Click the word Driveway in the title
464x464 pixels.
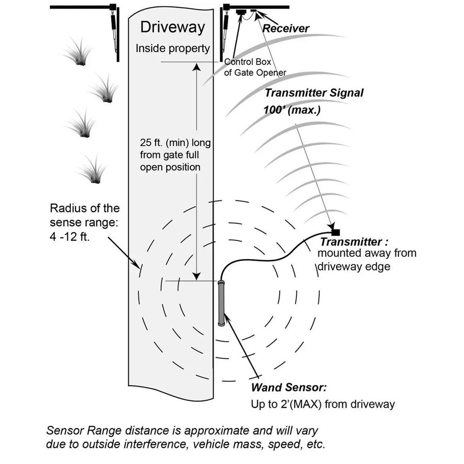point(172,27)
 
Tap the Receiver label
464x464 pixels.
point(286,29)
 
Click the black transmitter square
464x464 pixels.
point(336,227)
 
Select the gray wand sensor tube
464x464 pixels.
point(221,303)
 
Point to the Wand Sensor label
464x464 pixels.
point(289,388)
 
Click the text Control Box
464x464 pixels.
point(248,62)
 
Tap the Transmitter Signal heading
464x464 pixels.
point(314,93)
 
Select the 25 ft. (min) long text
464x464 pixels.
point(175,143)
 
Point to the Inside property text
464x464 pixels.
point(173,48)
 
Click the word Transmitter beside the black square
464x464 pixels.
point(351,242)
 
